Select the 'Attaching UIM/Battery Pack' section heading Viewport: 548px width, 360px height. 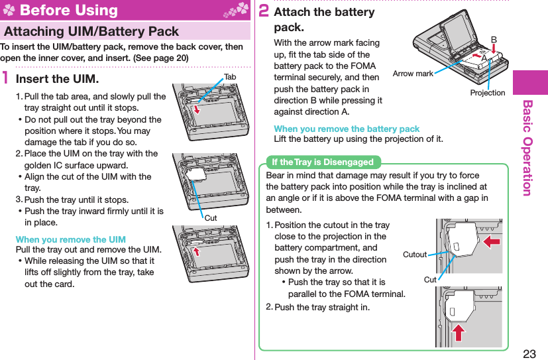tap(91, 31)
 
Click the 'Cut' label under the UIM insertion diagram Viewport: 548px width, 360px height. tap(210, 217)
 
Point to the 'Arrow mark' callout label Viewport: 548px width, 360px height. tap(413, 74)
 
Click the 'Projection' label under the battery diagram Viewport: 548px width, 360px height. tap(488, 93)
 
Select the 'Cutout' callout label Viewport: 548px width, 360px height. tap(415, 255)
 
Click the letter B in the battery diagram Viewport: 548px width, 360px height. tap(493, 39)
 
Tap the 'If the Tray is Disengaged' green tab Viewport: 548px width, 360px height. tap(323, 162)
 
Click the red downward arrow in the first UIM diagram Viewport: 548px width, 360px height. tap(196, 107)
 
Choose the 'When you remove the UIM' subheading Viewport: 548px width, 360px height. tap(70, 239)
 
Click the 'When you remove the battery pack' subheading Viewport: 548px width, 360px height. tap(347, 129)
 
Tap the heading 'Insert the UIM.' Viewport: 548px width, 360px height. tap(57, 79)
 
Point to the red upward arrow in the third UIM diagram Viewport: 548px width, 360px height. tap(195, 250)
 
